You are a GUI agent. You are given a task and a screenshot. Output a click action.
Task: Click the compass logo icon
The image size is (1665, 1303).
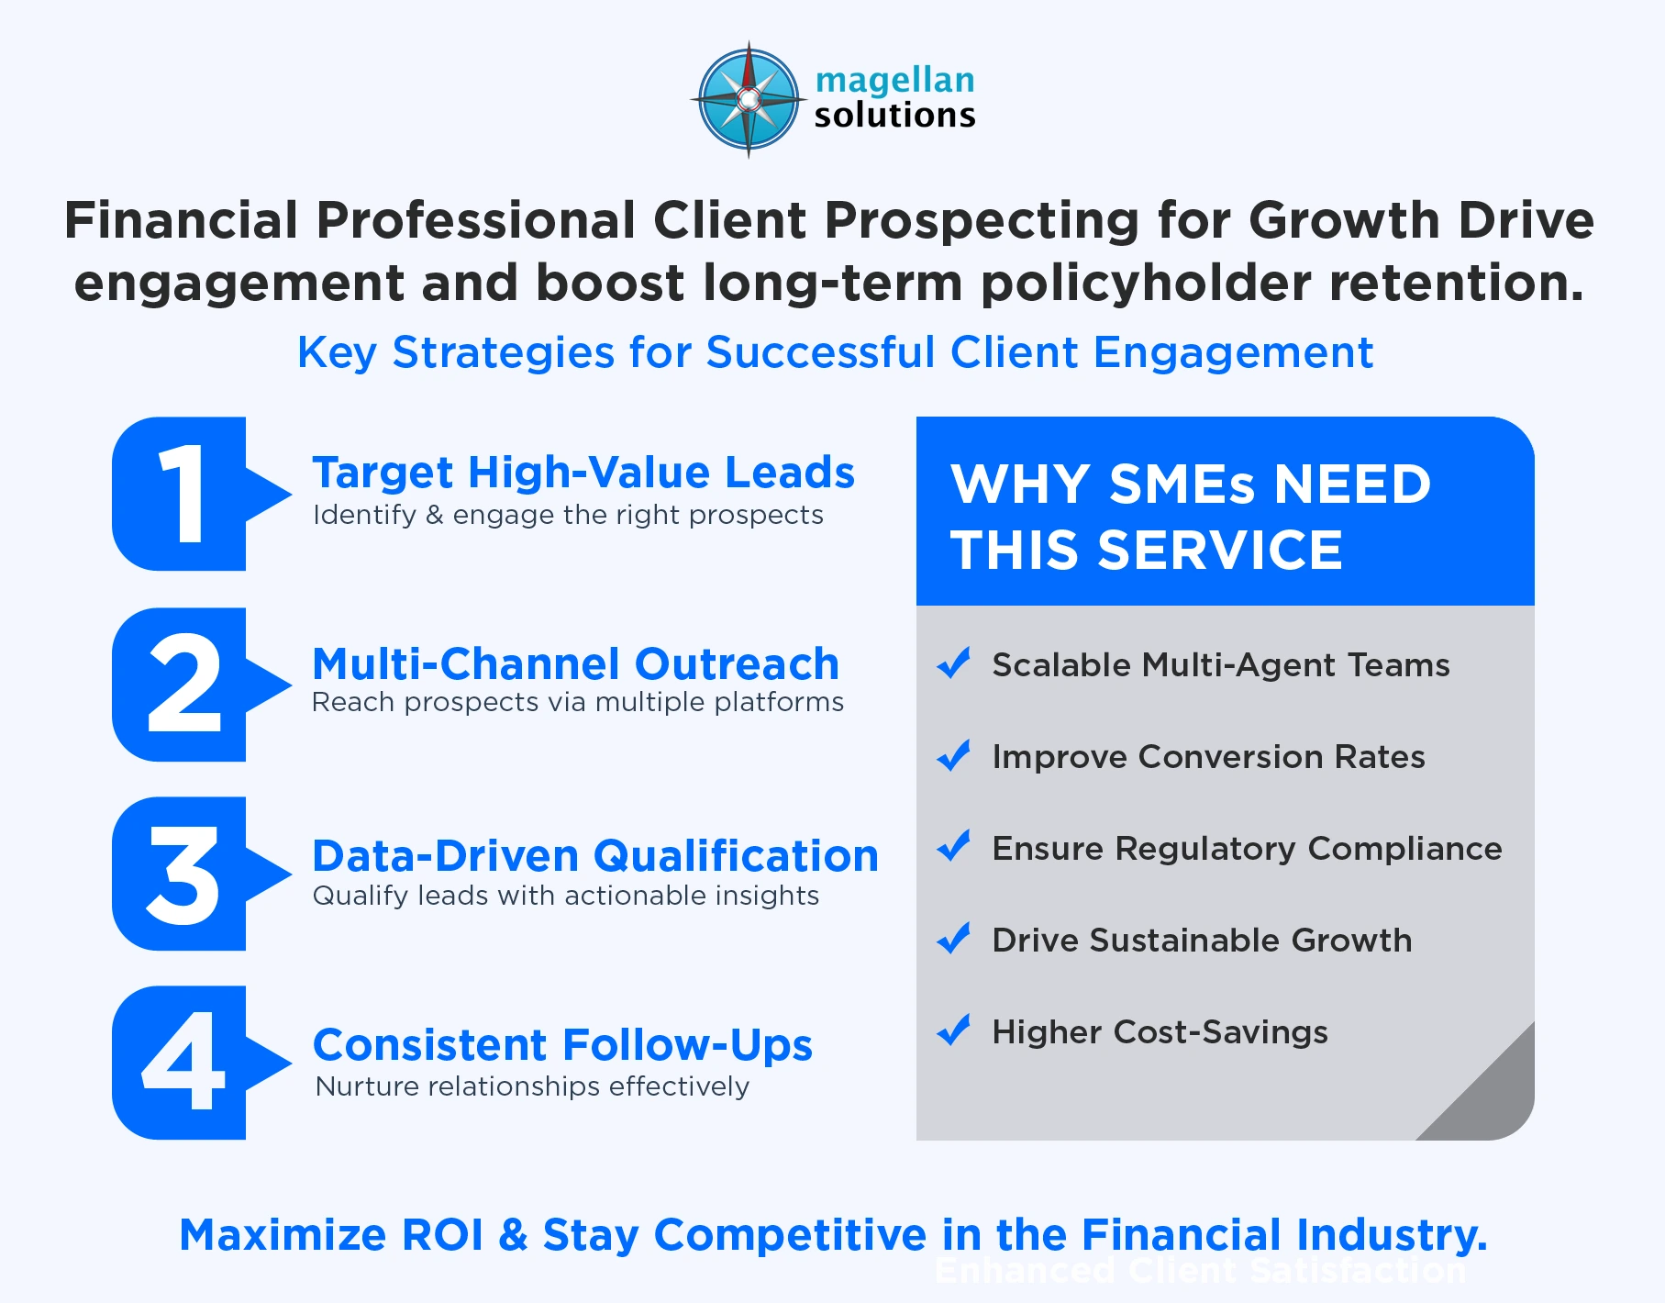pos(748,99)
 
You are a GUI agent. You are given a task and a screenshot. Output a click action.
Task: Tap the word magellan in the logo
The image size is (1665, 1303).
pos(894,81)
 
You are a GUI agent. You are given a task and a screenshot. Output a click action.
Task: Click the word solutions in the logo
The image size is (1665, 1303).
pos(894,116)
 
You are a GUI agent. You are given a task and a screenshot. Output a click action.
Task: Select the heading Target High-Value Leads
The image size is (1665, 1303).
pos(583,473)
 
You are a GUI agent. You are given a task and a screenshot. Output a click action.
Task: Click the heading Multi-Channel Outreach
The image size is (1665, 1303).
pos(575,664)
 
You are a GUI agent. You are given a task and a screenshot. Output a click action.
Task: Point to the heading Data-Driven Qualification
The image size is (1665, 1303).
pos(595,856)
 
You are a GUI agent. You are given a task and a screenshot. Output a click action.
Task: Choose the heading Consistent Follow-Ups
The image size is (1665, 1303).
pos(562,1045)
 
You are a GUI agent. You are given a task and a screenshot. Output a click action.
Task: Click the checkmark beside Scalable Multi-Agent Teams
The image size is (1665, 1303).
pos(954,663)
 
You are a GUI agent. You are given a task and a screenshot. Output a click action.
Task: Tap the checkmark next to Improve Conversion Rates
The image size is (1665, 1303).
pos(954,755)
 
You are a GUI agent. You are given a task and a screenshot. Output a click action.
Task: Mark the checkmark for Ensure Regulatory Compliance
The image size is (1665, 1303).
pos(954,846)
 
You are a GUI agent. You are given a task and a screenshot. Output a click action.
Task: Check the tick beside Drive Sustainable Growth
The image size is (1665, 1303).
pos(954,938)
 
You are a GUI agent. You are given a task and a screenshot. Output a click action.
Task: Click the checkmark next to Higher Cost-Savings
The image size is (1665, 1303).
pos(954,1030)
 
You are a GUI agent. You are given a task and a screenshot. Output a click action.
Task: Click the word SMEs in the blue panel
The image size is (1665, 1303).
pos(1181,484)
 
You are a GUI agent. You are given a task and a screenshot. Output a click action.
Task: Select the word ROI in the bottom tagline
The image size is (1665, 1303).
pos(442,1235)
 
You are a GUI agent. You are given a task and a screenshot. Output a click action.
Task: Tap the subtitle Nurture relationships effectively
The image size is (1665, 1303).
pos(532,1086)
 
